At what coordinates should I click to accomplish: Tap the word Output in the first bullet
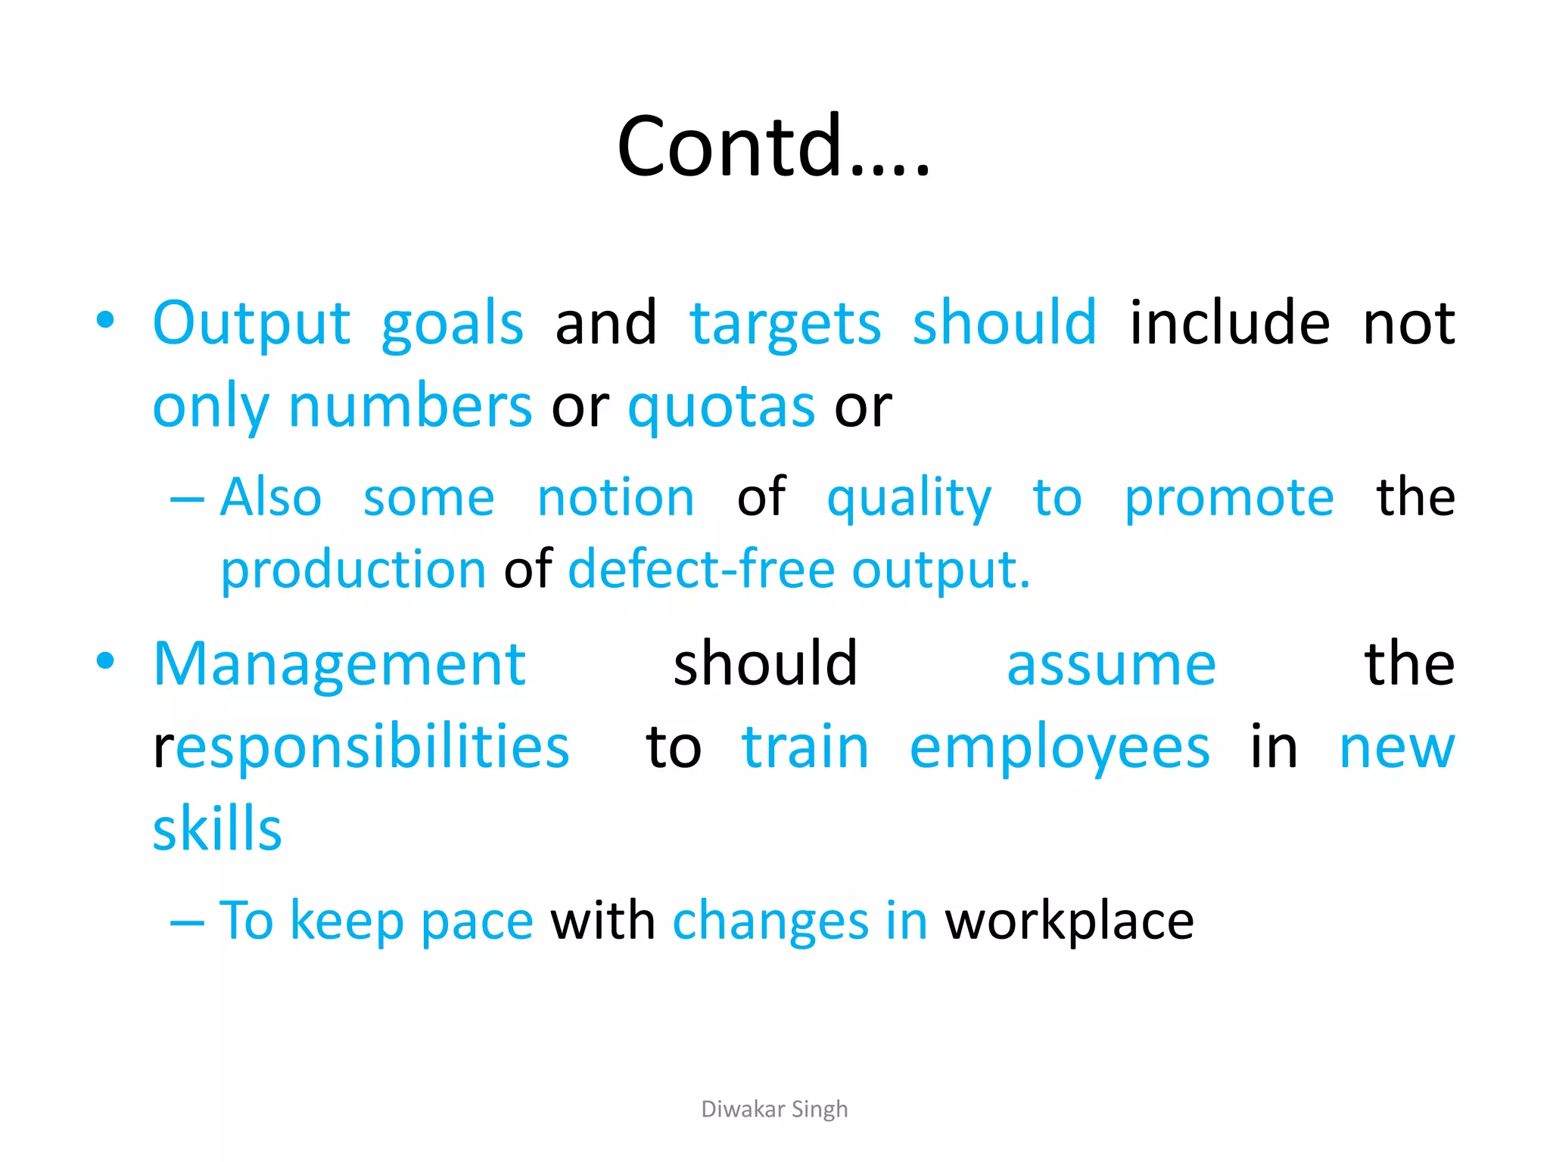(x=251, y=324)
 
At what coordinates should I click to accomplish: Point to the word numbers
(x=410, y=407)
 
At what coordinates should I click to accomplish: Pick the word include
(x=1229, y=323)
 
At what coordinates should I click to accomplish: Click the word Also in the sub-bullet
(x=271, y=498)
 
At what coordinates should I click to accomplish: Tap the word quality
(x=908, y=499)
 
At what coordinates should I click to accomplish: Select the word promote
(x=1228, y=499)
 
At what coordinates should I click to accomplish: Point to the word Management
(x=339, y=665)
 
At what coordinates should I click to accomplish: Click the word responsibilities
(x=362, y=747)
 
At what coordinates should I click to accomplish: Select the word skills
(x=217, y=830)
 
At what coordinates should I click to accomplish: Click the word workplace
(x=1069, y=921)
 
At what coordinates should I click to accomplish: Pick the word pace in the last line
(x=477, y=921)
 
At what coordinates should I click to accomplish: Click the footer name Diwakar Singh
(x=774, y=1109)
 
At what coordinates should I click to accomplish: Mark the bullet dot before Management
(x=105, y=661)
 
